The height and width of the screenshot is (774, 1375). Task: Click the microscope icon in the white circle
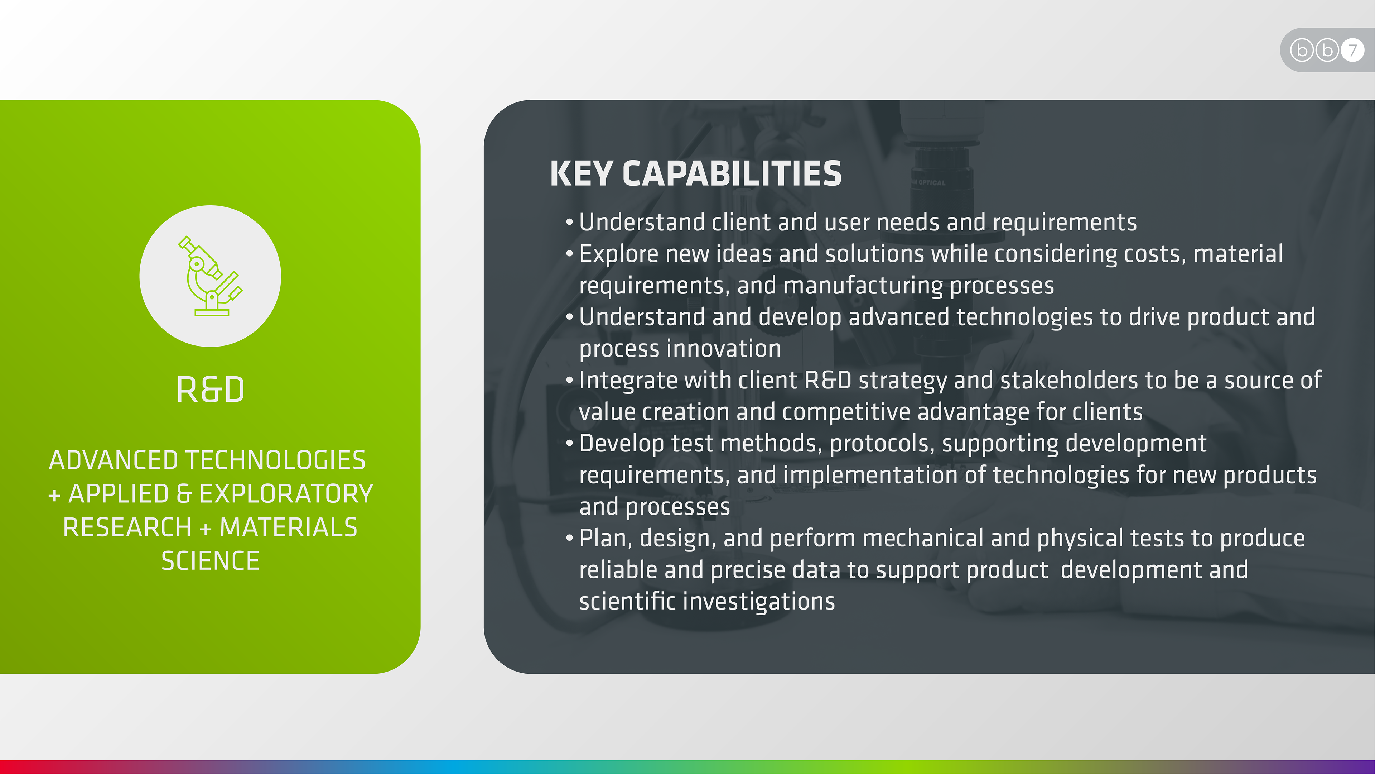[x=210, y=276]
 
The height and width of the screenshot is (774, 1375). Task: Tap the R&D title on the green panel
[x=210, y=390]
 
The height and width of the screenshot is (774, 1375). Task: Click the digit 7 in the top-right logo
[x=1352, y=50]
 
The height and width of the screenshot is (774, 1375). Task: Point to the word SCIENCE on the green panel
[x=210, y=561]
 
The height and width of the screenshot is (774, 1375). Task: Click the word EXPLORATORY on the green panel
[x=286, y=493]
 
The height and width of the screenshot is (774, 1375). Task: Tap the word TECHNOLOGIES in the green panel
[x=276, y=460]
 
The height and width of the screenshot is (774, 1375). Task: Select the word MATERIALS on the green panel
[x=289, y=527]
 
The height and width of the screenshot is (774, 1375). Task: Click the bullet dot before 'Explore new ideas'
[x=570, y=253]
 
